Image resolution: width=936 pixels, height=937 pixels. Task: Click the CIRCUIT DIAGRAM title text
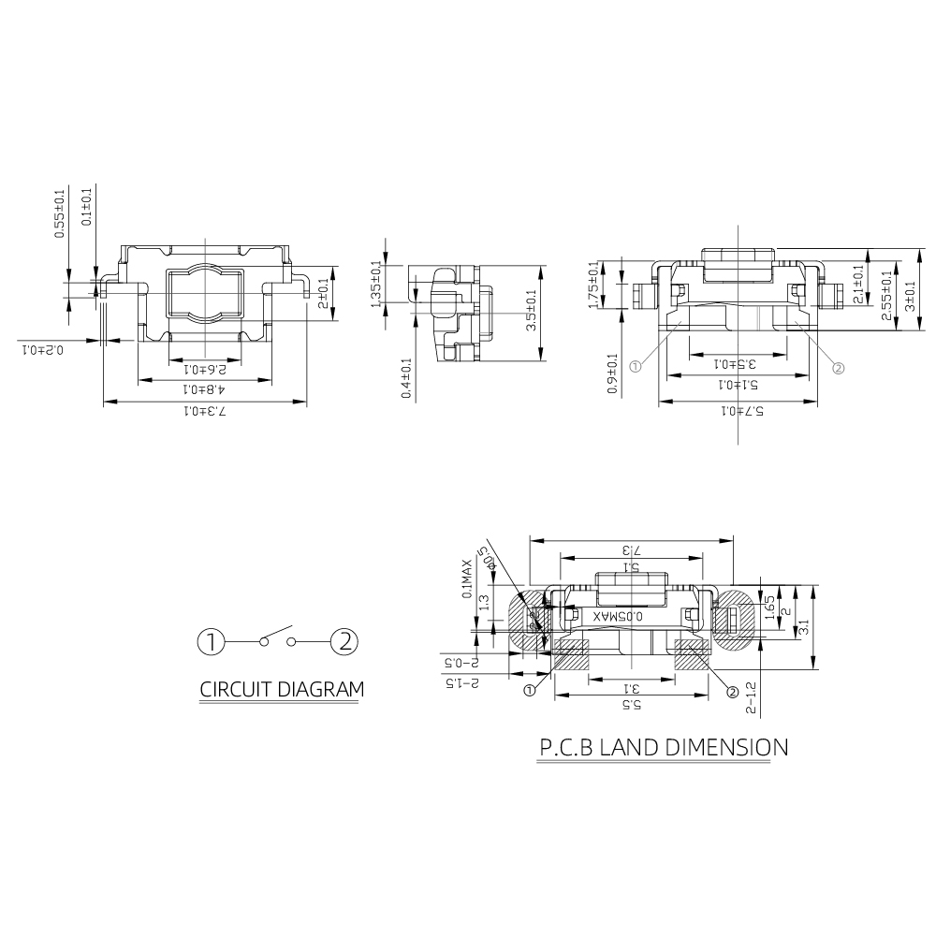282,691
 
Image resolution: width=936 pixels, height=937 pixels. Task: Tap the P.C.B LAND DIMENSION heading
663,748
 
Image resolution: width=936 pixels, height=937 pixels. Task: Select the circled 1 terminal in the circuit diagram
212,642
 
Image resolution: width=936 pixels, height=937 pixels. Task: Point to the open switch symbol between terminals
278,637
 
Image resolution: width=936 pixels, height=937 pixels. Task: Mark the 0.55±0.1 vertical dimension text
59,212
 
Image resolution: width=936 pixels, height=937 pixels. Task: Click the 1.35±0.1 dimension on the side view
376,283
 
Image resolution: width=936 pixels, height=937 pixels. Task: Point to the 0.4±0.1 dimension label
406,378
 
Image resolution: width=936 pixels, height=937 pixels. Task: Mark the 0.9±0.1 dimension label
612,373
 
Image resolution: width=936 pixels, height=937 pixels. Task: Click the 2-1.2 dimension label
751,697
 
